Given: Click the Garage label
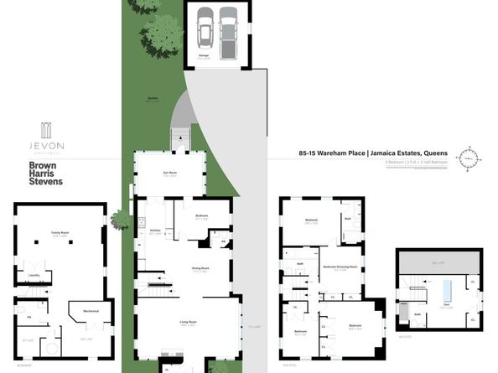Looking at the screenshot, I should coord(204,55).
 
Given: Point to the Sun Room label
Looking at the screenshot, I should coord(169,174).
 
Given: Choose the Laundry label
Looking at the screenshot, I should coord(35,273).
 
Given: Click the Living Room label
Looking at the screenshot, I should coord(187,321).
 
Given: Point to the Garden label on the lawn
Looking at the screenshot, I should coord(153,98).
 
